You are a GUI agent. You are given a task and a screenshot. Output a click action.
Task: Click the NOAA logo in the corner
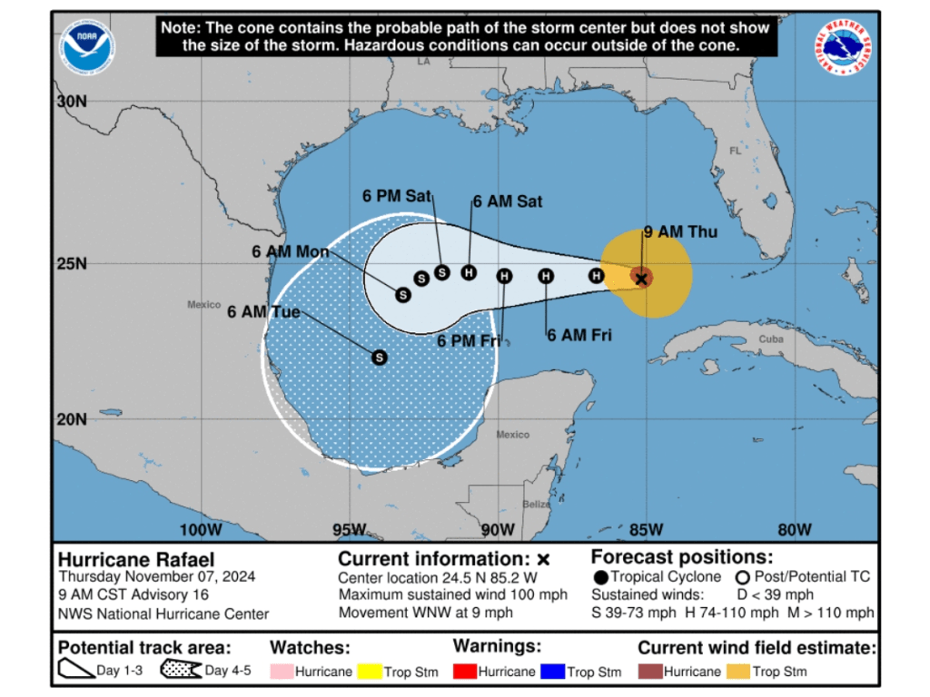coord(88,47)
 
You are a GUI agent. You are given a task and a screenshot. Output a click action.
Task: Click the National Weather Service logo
coord(843,47)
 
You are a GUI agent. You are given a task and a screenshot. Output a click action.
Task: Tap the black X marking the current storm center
coord(641,278)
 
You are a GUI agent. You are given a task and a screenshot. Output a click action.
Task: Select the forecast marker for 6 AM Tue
coord(380,358)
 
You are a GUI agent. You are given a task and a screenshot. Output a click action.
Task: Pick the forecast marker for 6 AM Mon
coord(403,294)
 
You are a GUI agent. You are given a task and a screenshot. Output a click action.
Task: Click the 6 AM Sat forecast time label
coord(507,201)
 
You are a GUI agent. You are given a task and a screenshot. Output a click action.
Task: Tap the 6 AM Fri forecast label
coord(579,335)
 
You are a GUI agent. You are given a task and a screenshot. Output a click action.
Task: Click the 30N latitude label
coord(71,102)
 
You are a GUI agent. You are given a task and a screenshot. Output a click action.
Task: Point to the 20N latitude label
coord(71,419)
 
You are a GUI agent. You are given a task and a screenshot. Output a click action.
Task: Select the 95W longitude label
coord(349,530)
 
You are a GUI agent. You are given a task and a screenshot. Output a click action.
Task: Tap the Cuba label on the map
coord(770,339)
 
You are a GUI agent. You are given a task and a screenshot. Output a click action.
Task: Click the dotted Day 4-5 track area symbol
coord(180,671)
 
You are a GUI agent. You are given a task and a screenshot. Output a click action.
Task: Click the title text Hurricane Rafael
coord(136,559)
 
